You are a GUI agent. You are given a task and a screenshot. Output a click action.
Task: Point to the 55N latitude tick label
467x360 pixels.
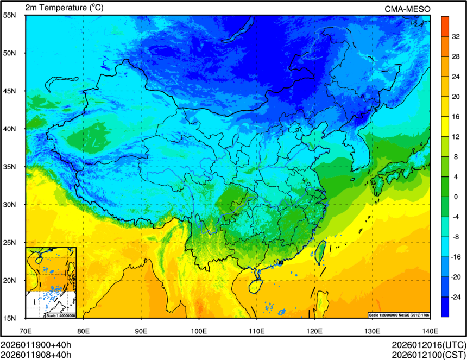(x=9, y=15)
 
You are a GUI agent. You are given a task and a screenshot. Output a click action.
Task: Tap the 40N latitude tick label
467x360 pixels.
(x=9, y=129)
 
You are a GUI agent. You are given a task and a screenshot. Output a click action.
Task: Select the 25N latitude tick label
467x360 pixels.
(x=9, y=243)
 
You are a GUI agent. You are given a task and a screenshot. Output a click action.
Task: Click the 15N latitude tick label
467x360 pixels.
(x=9, y=318)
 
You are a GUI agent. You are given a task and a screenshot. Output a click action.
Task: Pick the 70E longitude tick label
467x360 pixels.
(x=26, y=331)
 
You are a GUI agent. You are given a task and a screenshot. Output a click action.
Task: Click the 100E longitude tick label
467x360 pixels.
(x=199, y=331)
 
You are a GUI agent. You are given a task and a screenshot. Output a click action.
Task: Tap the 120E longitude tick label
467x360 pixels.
(x=314, y=331)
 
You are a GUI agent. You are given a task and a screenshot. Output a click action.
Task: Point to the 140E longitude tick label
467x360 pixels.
(x=430, y=331)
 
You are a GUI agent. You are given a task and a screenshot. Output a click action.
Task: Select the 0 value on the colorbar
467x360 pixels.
(x=456, y=197)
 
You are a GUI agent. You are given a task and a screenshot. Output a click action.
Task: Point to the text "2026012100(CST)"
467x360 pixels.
(x=428, y=355)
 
